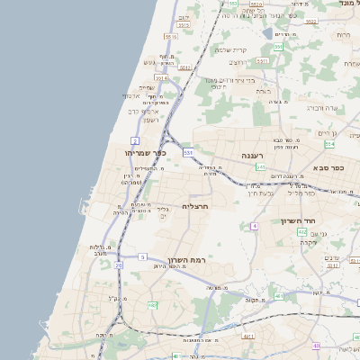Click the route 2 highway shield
[135, 140]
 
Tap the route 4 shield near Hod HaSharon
[255, 225]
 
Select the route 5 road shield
[142, 256]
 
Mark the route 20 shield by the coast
[118, 265]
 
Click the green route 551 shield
[279, 46]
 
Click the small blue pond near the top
[267, 33]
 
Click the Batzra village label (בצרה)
[237, 62]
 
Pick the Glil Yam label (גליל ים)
[164, 211]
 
